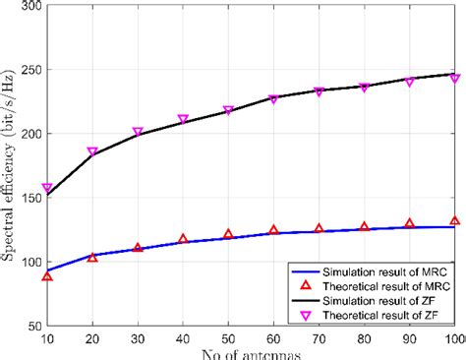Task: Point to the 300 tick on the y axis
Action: coord(31,7)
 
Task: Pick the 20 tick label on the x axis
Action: coord(92,339)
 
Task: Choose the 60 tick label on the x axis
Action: coord(273,339)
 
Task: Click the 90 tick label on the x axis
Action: coord(409,339)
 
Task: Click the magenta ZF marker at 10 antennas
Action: coord(47,188)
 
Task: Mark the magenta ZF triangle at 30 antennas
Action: coord(138,132)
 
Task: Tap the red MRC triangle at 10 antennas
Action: coord(47,276)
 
